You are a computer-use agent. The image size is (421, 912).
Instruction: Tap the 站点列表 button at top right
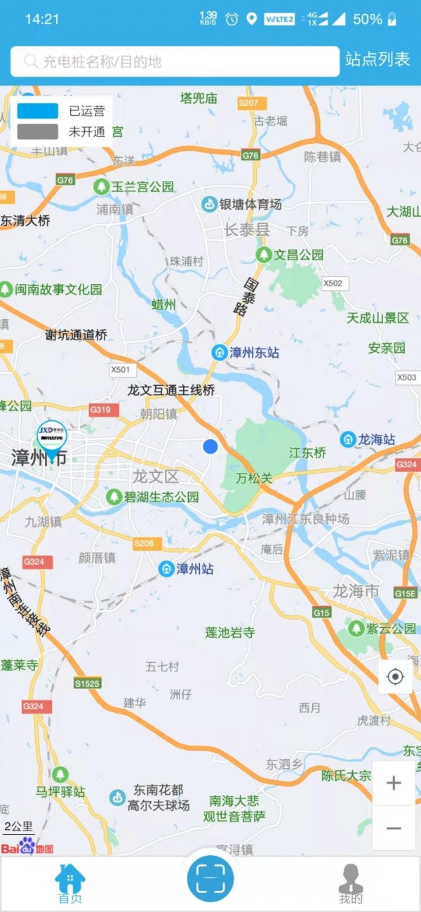[x=377, y=60]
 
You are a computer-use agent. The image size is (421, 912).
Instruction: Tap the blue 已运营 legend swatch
[x=38, y=111]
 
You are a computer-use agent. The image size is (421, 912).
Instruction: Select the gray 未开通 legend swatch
[x=38, y=131]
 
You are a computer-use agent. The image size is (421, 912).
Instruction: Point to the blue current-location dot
[x=210, y=446]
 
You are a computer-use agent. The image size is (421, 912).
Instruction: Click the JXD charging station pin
[x=52, y=437]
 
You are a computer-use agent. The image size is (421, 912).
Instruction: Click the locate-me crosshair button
[x=396, y=677]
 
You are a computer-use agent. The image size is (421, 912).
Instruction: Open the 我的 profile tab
[x=351, y=884]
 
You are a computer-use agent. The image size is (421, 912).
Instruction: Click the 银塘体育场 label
[x=250, y=204]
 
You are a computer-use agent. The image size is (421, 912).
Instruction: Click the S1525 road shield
[x=87, y=683]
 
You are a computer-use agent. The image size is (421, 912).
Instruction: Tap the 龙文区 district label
[x=156, y=476]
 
